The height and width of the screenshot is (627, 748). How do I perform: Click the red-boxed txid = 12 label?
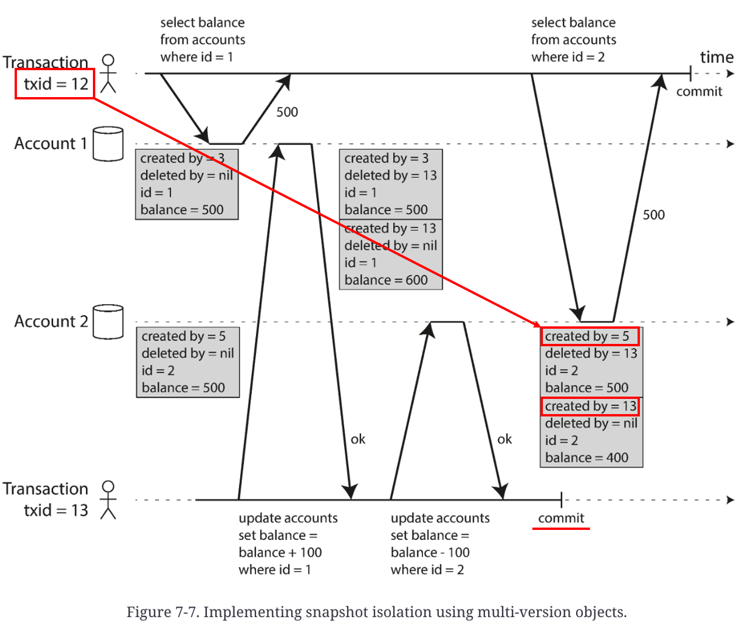tap(55, 84)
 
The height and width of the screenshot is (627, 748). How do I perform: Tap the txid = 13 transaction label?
tap(56, 510)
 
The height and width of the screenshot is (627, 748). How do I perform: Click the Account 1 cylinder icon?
tap(108, 144)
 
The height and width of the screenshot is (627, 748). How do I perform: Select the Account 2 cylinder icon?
tap(108, 322)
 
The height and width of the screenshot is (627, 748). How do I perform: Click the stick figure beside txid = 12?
tap(108, 74)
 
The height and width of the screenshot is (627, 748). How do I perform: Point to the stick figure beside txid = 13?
tap(108, 500)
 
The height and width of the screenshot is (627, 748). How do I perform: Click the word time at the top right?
tap(716, 57)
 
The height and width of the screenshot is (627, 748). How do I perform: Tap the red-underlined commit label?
tap(561, 518)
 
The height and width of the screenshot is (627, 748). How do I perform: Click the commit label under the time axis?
tap(699, 92)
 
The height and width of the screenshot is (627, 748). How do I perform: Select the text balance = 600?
tap(386, 280)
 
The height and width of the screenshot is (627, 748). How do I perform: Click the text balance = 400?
tap(586, 458)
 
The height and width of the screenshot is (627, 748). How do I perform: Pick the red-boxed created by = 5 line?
tap(589, 336)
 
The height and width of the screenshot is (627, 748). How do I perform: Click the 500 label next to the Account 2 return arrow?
tap(653, 215)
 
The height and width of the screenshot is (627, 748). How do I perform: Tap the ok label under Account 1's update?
tap(358, 439)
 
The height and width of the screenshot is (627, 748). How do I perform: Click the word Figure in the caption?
tap(148, 612)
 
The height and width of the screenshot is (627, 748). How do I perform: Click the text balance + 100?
tap(280, 553)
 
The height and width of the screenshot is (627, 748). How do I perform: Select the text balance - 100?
tap(430, 553)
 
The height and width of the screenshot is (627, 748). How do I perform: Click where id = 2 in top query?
tap(567, 57)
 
